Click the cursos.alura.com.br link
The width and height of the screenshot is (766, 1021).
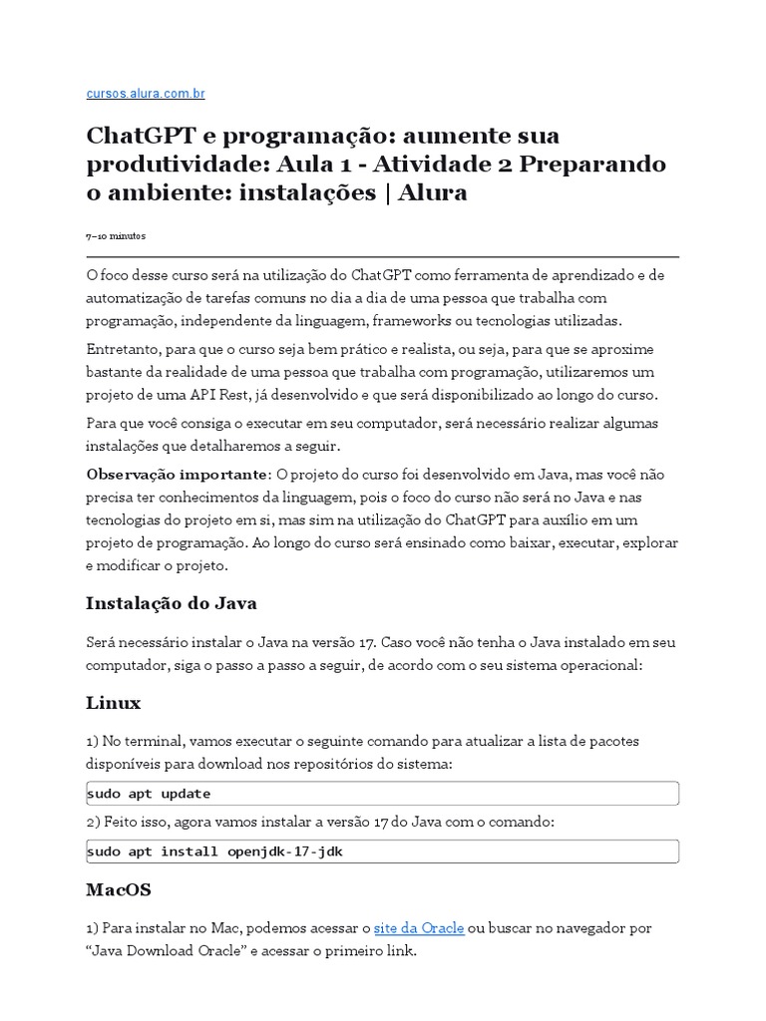(146, 94)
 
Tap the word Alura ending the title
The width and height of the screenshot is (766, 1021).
(433, 192)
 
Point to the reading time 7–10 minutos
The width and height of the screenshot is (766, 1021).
(116, 236)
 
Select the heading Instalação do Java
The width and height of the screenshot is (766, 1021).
(172, 603)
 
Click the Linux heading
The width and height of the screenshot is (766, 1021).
(114, 703)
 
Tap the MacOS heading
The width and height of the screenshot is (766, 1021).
(120, 888)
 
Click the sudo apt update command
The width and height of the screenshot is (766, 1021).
(149, 794)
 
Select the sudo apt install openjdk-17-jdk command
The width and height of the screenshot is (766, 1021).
(214, 851)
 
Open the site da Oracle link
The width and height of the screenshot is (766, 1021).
(419, 927)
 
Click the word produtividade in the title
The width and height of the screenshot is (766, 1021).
(173, 164)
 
